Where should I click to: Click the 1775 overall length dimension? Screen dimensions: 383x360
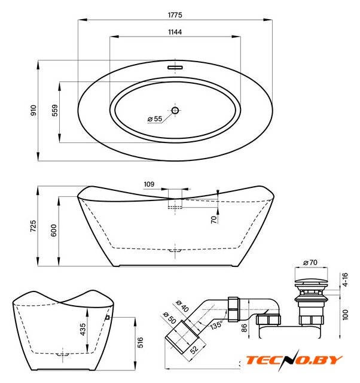coord(175,14)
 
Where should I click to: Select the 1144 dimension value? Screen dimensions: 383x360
coord(175,32)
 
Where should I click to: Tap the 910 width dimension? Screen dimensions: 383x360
coord(33,111)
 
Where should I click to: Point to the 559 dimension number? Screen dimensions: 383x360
coord(55,111)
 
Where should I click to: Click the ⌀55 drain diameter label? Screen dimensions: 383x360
coord(155,119)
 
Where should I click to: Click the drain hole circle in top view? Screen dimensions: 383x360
coord(175,110)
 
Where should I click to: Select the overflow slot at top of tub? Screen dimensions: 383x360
coord(175,67)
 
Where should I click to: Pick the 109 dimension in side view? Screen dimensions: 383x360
coord(150,184)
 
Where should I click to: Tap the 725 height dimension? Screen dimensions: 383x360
coord(33,226)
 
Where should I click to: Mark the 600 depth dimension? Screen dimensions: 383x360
coord(54,230)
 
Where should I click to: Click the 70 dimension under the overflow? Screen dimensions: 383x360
coord(213,220)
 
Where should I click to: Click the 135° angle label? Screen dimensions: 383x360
coord(217,326)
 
